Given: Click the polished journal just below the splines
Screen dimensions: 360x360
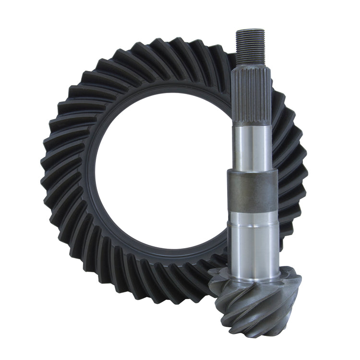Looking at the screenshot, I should (x=252, y=144).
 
